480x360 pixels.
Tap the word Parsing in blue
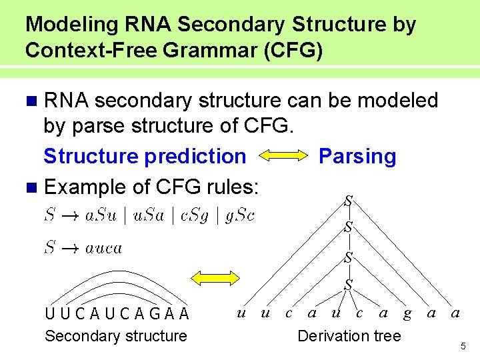(357, 157)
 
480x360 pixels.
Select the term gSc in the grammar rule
(239, 215)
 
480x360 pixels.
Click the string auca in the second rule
(103, 248)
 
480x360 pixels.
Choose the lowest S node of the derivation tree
(348, 285)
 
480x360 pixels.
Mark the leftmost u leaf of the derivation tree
(242, 312)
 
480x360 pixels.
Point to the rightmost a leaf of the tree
(455, 312)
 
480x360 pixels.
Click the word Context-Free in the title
(87, 51)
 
